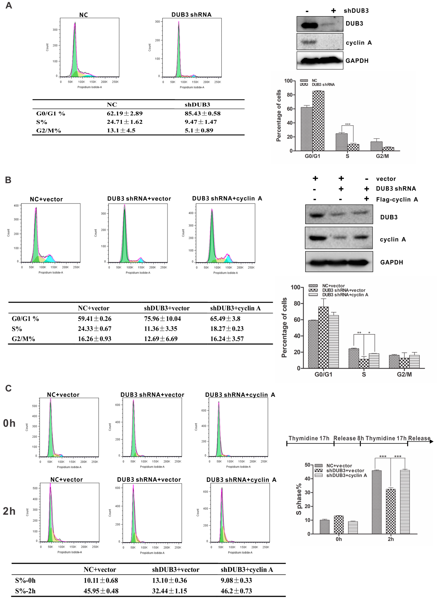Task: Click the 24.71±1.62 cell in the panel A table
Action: [x=125, y=122]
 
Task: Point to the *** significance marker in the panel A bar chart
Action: [x=348, y=124]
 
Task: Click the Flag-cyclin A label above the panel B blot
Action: [x=397, y=199]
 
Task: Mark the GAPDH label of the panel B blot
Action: [x=391, y=262]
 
